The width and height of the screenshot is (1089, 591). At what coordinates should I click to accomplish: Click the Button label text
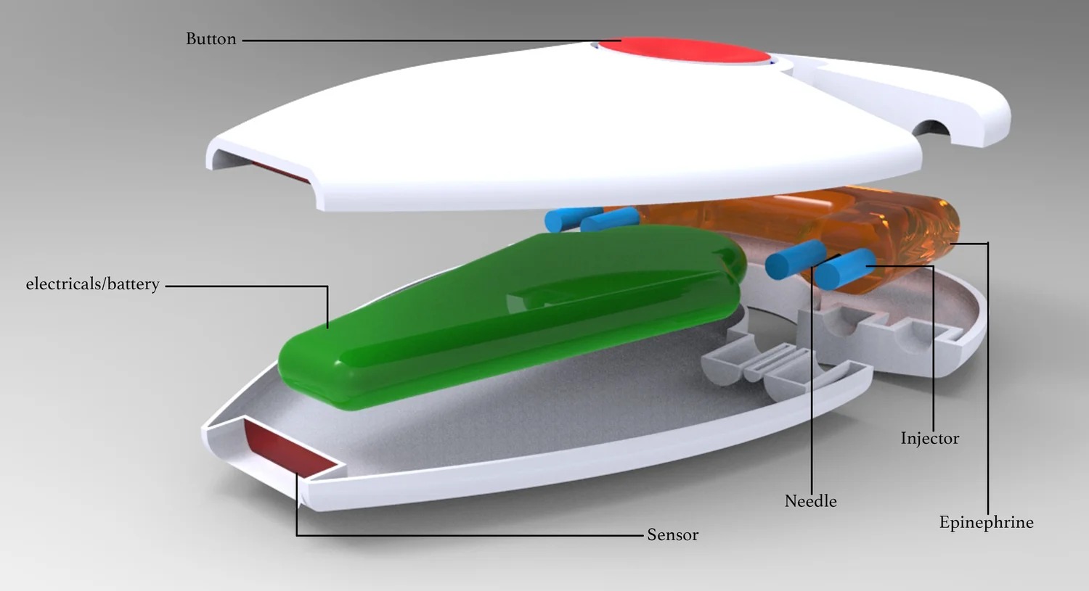pyautogui.click(x=211, y=39)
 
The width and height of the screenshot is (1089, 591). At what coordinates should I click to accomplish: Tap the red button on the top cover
pyautogui.click(x=682, y=52)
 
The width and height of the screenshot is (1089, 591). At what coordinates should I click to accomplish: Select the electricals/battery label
pyautogui.click(x=92, y=284)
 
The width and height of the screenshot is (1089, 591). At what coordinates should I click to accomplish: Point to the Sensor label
pyautogui.click(x=672, y=535)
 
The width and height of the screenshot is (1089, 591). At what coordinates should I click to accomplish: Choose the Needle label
pyautogui.click(x=810, y=501)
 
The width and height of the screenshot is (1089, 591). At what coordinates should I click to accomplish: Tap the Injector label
pyautogui.click(x=929, y=439)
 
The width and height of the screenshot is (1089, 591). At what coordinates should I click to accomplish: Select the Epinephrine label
pyautogui.click(x=986, y=523)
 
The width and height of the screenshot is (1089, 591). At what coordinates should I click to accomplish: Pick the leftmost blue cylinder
pyautogui.click(x=563, y=218)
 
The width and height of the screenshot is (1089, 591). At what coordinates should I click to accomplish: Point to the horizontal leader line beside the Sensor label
pyautogui.click(x=472, y=536)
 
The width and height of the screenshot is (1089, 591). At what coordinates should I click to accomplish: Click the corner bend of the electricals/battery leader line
pyautogui.click(x=327, y=286)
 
